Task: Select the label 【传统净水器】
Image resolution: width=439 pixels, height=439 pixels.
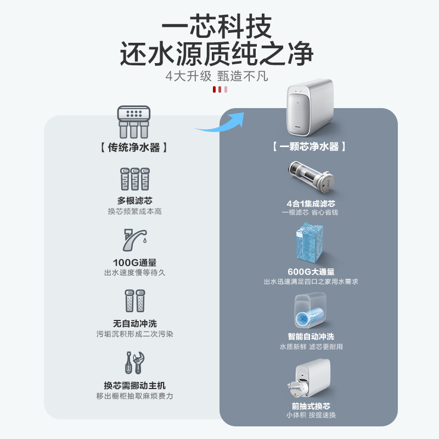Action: [x=134, y=147]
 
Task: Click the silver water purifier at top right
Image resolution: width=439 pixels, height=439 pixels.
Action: [x=310, y=108]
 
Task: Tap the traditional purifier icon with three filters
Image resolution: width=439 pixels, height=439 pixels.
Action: [x=134, y=121]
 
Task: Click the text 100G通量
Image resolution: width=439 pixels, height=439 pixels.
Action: [x=134, y=263]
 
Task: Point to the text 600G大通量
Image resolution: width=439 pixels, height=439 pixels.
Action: [x=311, y=272]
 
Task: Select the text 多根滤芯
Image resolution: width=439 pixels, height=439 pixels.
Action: [x=134, y=201]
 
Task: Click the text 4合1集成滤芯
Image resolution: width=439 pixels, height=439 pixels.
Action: [x=311, y=203]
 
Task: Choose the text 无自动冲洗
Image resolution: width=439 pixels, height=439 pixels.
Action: [x=134, y=324]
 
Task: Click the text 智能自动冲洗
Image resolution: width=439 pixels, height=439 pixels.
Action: [x=311, y=336]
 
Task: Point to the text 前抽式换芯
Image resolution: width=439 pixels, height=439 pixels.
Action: [x=311, y=406]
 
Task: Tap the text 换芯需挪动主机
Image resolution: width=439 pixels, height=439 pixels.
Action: [x=134, y=385]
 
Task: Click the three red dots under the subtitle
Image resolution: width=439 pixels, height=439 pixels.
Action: [x=219, y=89]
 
